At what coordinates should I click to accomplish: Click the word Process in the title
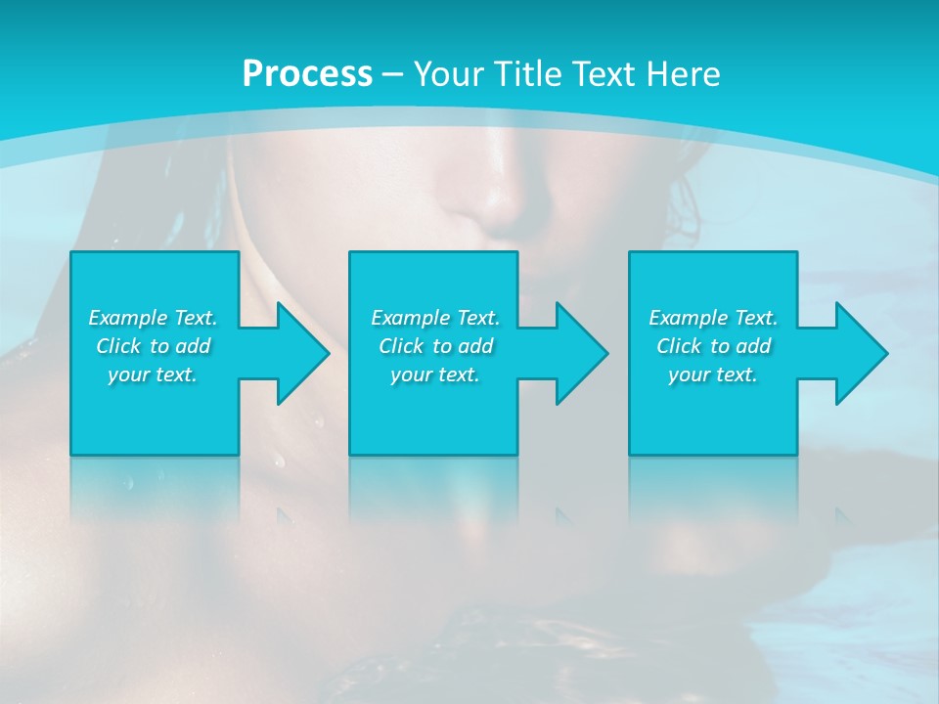point(307,73)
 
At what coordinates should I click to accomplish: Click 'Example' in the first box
point(128,318)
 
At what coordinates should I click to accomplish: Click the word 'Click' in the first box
point(117,346)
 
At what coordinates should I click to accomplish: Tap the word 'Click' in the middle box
point(400,346)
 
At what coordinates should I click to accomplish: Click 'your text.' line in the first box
point(153,374)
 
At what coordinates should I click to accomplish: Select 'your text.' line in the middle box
point(435,374)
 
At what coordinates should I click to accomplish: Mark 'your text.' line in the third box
point(713,374)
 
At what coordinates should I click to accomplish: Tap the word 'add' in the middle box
point(475,346)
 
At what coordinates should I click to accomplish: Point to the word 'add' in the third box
point(754,346)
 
